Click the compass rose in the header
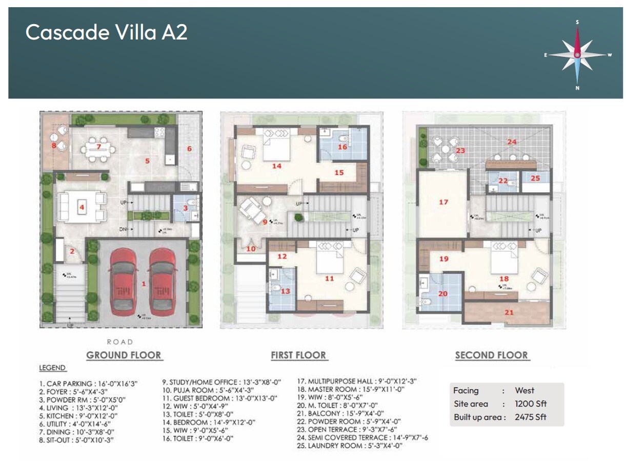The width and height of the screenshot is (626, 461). (x=577, y=54)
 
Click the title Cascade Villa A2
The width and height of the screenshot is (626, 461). (x=107, y=32)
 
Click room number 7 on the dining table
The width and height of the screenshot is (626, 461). (x=98, y=147)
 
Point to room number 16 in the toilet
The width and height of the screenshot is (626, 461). (x=342, y=147)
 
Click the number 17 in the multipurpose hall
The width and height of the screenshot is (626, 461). (x=443, y=202)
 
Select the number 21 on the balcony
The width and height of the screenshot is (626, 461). (x=509, y=312)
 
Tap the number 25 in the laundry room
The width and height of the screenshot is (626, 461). (x=535, y=178)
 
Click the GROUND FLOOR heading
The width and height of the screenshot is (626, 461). (x=124, y=355)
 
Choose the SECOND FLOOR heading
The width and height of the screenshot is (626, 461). (x=492, y=355)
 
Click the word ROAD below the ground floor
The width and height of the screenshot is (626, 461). (x=120, y=342)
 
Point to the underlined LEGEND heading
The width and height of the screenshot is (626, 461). (x=52, y=368)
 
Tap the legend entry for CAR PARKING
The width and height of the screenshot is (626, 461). (x=88, y=383)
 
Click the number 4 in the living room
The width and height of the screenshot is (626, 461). (x=81, y=208)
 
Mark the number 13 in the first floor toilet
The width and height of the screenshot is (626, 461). (x=286, y=291)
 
